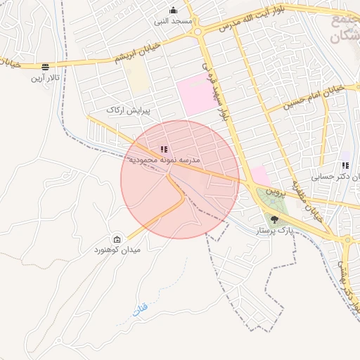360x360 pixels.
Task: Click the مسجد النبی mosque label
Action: click(174, 21)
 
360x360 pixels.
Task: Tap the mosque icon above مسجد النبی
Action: click(174, 10)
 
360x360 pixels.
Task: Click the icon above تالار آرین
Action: click(46, 67)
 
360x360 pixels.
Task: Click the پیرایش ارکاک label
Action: click(125, 110)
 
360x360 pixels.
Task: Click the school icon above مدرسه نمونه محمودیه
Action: click(164, 149)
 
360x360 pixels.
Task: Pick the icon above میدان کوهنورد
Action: click(117, 239)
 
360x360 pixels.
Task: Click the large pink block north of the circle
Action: click(196, 96)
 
